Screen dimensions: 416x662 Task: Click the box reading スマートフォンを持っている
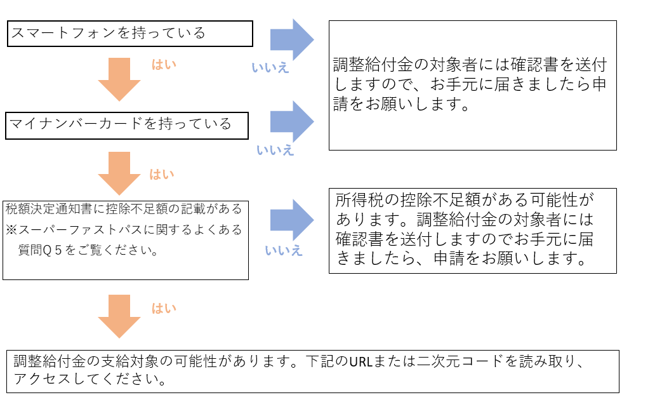130,34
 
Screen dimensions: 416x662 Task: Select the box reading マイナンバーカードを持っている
127,125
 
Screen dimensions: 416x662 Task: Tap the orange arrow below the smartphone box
119,79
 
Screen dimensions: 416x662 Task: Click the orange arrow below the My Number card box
119,173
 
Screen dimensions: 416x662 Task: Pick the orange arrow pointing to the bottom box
119,316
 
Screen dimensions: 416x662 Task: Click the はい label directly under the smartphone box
164,65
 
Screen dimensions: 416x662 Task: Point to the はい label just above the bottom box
164,309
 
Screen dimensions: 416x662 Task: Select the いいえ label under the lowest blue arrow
284,250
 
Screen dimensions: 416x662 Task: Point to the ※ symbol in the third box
11,229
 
